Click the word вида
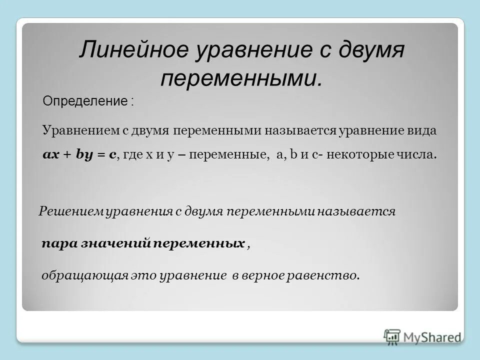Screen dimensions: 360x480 pos(421,130)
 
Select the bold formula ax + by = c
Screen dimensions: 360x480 pos(79,155)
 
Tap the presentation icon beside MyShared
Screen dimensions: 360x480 pos(392,337)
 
